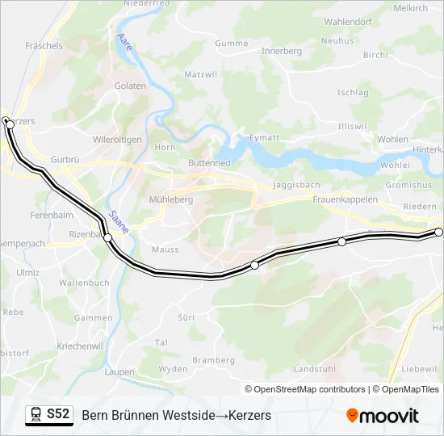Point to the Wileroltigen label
[117, 140]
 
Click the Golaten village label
[130, 86]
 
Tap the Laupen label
[120, 372]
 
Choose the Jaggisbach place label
[296, 185]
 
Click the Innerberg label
[282, 51]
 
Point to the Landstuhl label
[313, 369]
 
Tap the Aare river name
[124, 42]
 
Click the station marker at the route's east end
[439, 233]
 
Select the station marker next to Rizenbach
[107, 237]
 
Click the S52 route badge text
[58, 414]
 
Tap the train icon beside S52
[36, 415]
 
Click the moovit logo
[383, 416]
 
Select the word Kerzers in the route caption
[249, 415]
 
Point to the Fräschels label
[44, 46]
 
